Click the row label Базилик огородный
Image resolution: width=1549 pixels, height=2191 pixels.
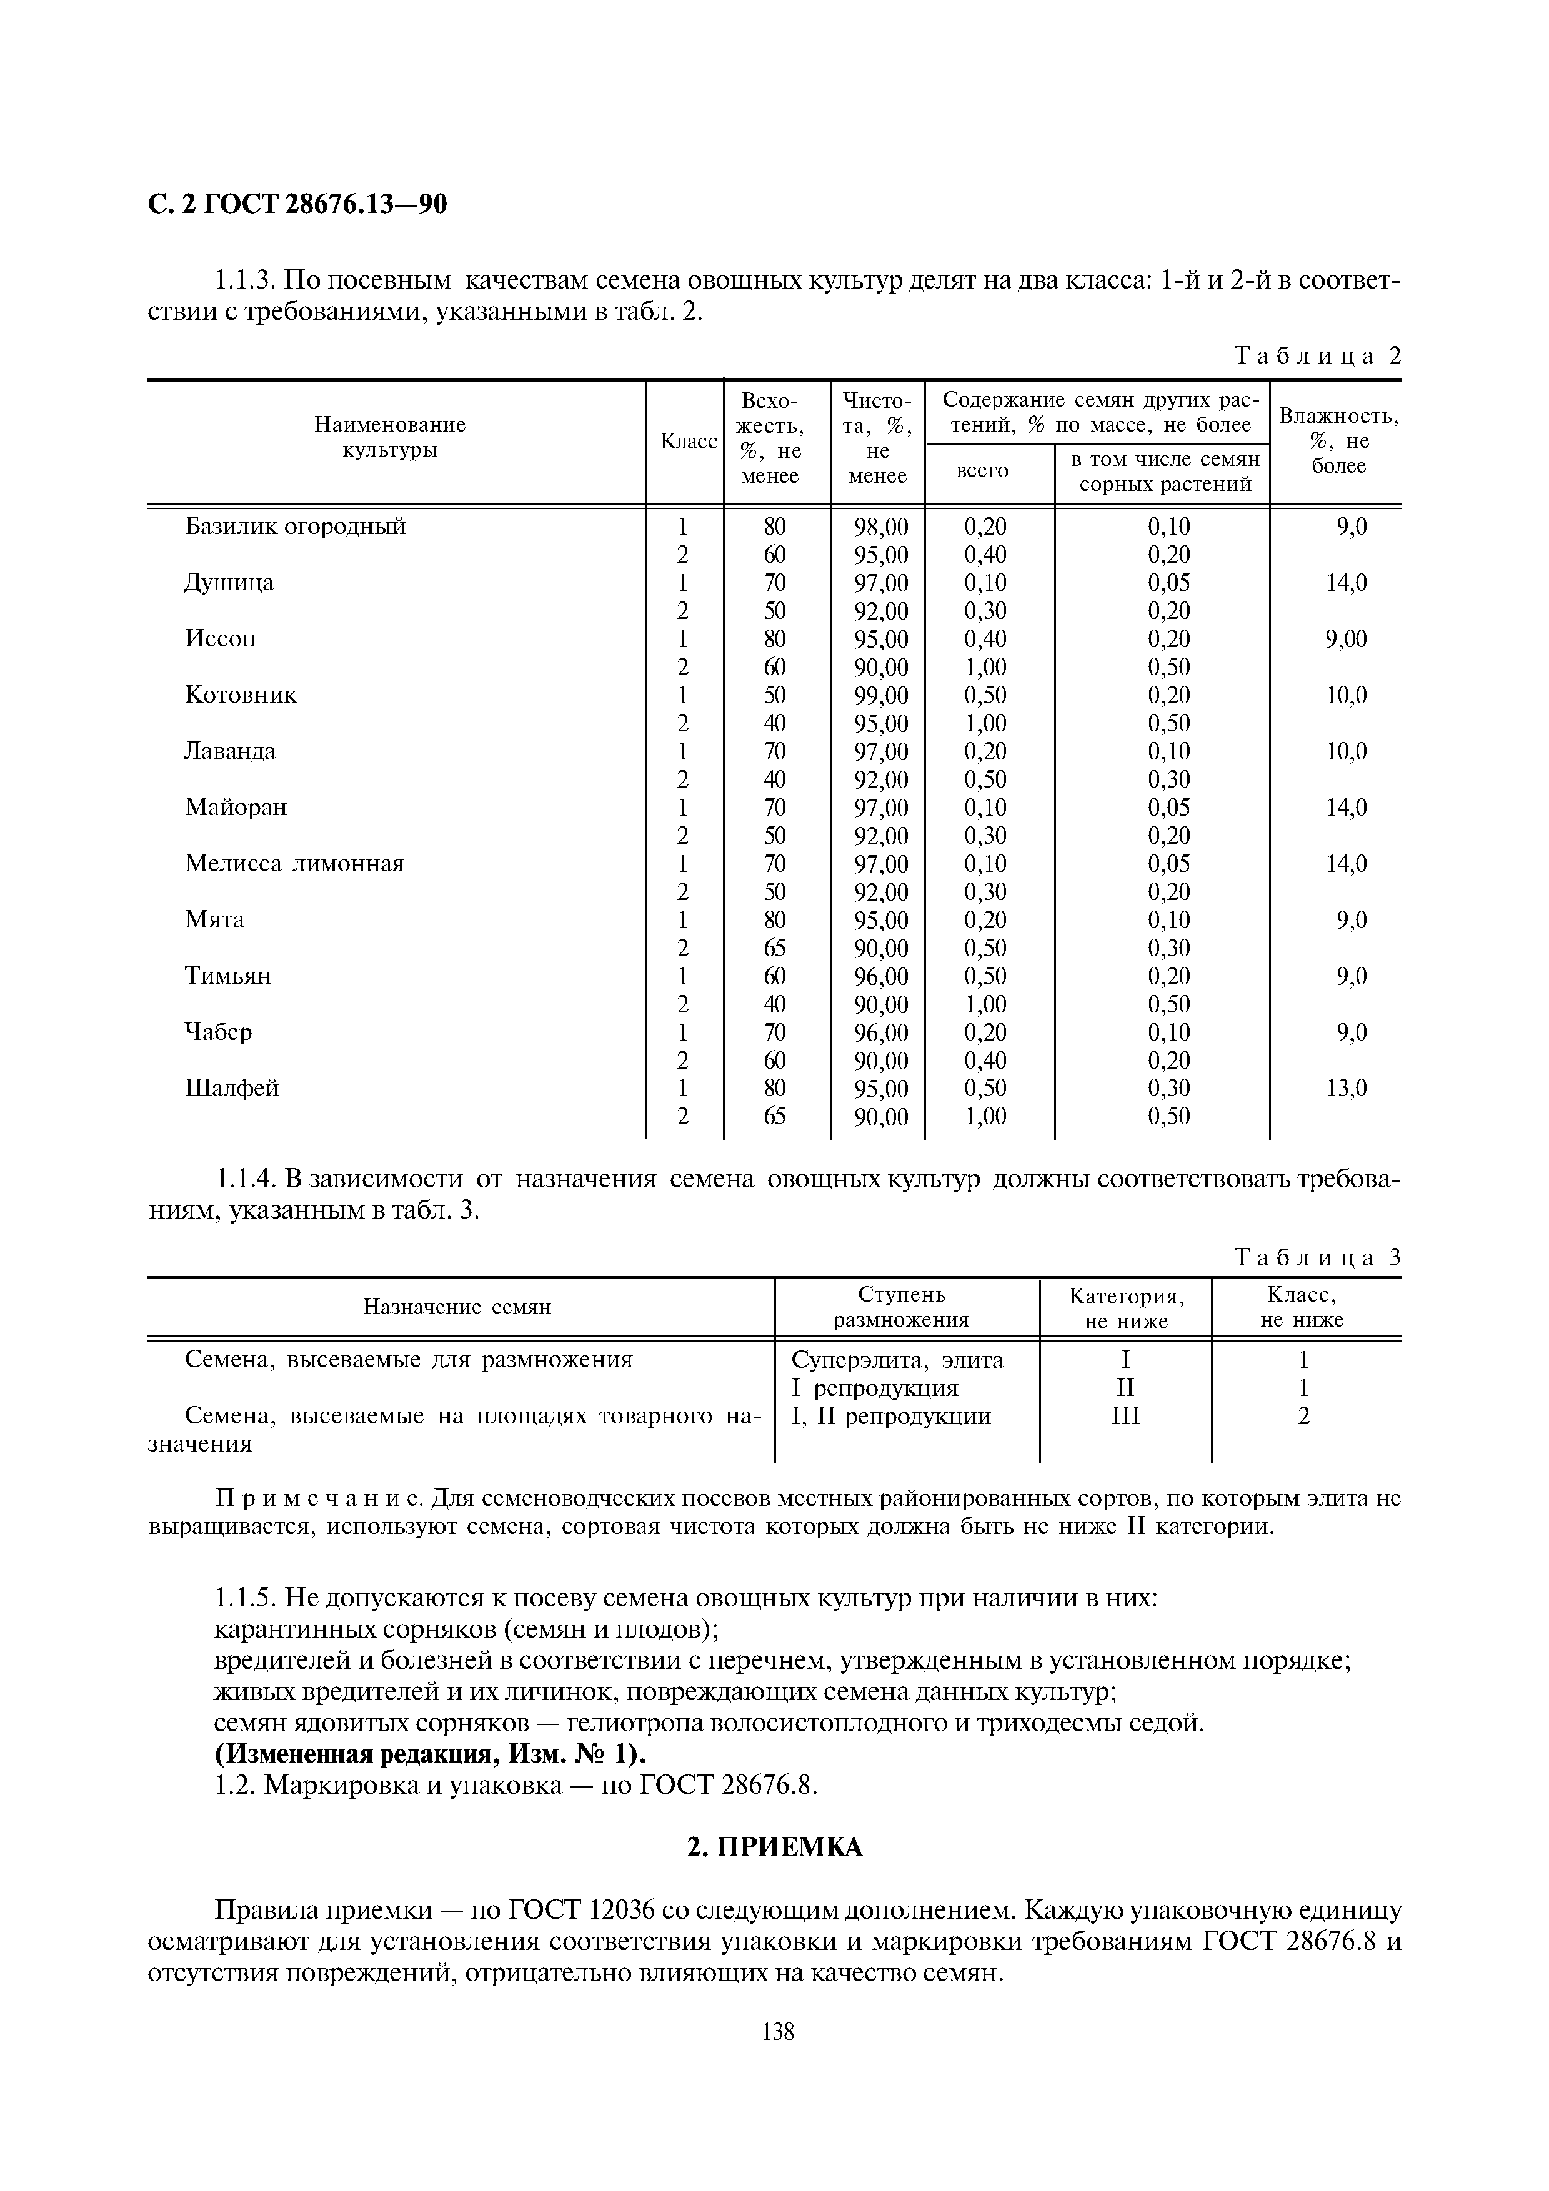pyautogui.click(x=295, y=527)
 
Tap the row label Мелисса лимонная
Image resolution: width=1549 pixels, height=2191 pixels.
pyautogui.click(x=294, y=864)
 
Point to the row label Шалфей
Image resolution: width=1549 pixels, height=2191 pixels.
pyautogui.click(x=231, y=1089)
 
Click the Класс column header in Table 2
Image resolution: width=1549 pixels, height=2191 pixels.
pyautogui.click(x=688, y=442)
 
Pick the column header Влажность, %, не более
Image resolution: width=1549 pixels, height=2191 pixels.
pyautogui.click(x=1338, y=441)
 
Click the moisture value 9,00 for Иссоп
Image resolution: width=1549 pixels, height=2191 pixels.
pyautogui.click(x=1346, y=640)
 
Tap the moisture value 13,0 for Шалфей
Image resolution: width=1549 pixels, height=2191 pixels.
pyautogui.click(x=1347, y=1089)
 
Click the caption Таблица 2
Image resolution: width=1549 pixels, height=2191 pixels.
pyautogui.click(x=1318, y=356)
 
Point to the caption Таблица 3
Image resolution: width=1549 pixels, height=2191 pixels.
pyautogui.click(x=1318, y=1258)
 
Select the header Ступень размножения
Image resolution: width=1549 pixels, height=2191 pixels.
pyautogui.click(x=901, y=1307)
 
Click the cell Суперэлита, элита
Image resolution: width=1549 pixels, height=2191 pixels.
pyautogui.click(x=897, y=1360)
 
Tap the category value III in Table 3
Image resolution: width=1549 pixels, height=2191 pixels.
pyautogui.click(x=1125, y=1416)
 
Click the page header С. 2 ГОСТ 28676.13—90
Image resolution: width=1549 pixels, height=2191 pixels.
pyautogui.click(x=298, y=205)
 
